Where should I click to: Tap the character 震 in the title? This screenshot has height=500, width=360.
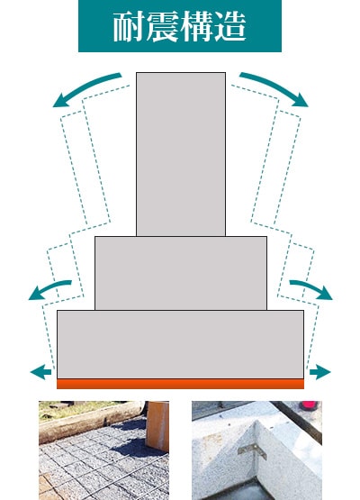pyautogui.click(x=163, y=26)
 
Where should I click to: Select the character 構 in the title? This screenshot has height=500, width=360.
pyautogui.click(x=196, y=26)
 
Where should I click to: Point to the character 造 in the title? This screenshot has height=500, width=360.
pyautogui.click(x=230, y=26)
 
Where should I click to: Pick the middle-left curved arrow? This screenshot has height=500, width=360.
pyautogui.click(x=48, y=287)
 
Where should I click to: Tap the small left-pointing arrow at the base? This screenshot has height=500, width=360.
pyautogui.click(x=40, y=372)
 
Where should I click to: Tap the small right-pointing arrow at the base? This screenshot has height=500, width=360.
pyautogui.click(x=320, y=372)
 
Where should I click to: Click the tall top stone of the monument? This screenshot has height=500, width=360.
pyautogui.click(x=181, y=154)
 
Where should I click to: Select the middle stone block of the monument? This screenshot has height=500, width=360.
pyautogui.click(x=181, y=273)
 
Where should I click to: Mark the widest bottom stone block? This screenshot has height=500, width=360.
pyautogui.click(x=181, y=344)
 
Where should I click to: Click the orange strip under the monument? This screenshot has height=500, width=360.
pyautogui.click(x=181, y=384)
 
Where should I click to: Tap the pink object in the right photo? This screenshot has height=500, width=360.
pyautogui.click(x=310, y=405)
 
